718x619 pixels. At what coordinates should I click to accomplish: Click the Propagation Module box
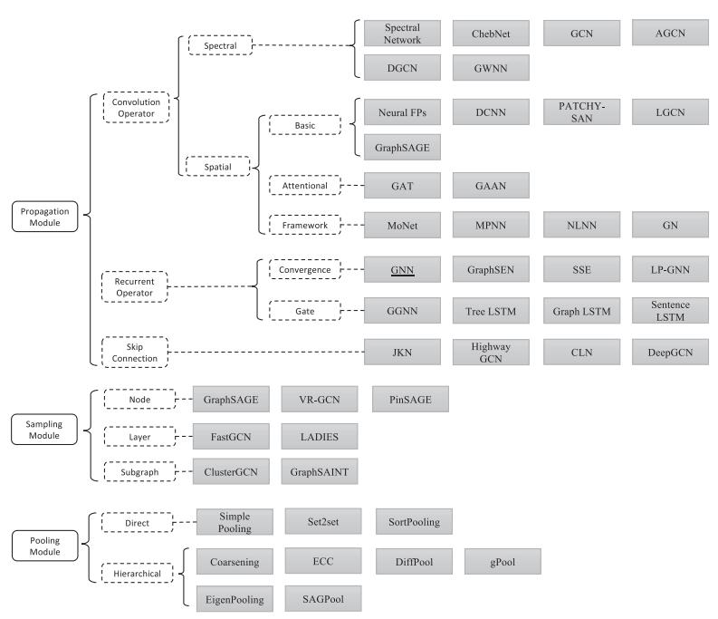(x=45, y=217)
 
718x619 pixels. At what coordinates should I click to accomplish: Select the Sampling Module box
(x=44, y=430)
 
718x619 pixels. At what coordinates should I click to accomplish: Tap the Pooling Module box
(x=45, y=546)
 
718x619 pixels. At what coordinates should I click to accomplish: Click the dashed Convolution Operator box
(x=136, y=107)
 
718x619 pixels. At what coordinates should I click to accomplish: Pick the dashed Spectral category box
(x=220, y=45)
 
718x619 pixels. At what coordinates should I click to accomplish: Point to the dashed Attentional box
(x=305, y=185)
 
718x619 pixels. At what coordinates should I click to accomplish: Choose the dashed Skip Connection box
(x=135, y=353)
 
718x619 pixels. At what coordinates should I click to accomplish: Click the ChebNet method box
(x=491, y=34)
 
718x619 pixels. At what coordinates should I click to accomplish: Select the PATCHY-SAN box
(x=581, y=111)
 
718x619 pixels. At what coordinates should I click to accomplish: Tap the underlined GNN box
(x=402, y=269)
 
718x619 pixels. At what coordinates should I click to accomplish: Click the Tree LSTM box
(x=491, y=311)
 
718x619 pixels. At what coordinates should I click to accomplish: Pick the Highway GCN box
(x=491, y=353)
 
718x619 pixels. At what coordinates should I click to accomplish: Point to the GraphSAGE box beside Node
(x=231, y=400)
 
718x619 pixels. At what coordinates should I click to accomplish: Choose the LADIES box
(x=320, y=437)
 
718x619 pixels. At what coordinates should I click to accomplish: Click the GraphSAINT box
(x=320, y=472)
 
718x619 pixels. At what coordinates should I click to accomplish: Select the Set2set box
(x=323, y=521)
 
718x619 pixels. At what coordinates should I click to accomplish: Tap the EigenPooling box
(x=235, y=599)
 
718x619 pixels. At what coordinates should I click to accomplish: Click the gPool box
(x=503, y=561)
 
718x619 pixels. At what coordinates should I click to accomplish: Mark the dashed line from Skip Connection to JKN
(x=266, y=353)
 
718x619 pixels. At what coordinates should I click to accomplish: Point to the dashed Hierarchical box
(x=138, y=573)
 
